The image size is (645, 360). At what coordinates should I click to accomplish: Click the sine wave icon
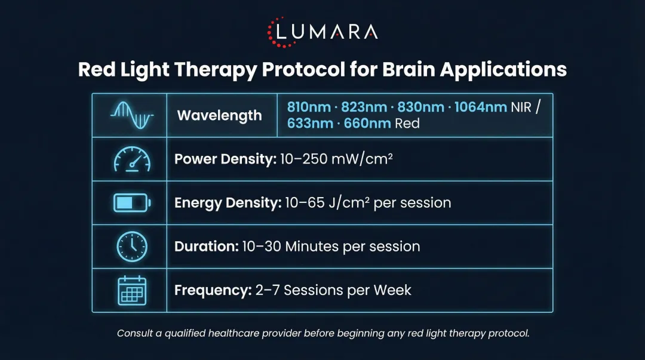tap(131, 115)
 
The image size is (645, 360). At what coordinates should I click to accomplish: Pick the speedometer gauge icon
tap(131, 159)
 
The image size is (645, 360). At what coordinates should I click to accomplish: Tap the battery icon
tap(131, 203)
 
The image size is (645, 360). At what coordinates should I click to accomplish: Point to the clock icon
tap(131, 247)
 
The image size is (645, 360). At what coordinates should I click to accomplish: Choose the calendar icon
tap(131, 290)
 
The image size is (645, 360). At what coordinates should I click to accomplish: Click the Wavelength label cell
tap(219, 115)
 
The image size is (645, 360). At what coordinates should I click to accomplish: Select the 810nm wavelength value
tap(308, 107)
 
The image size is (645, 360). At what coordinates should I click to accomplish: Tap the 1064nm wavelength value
tap(481, 107)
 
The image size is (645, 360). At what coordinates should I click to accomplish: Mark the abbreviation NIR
tap(521, 107)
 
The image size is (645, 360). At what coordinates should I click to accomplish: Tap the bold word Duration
tap(205, 247)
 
